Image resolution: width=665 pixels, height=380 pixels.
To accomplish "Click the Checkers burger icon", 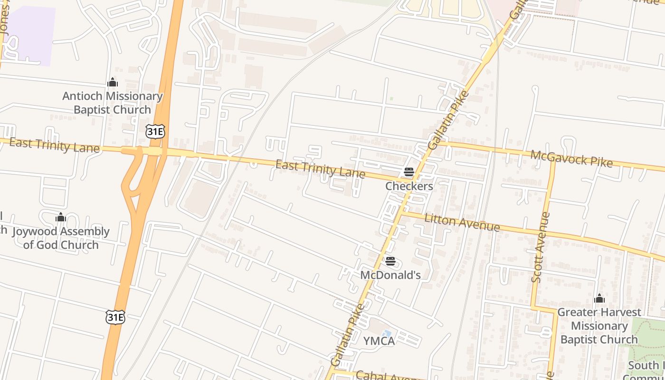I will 409,172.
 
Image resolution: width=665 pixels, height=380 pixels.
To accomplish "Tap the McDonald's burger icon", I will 390,261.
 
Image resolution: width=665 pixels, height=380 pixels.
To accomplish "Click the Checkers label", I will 409,186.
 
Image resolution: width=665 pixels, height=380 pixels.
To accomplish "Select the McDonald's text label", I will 390,275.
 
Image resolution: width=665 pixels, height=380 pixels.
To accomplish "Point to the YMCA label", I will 379,341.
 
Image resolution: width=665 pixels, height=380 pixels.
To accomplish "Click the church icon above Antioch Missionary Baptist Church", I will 113,83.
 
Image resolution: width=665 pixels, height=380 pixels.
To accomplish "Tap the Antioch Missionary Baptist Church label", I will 113,103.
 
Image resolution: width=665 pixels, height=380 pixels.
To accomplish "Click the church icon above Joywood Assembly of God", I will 61,218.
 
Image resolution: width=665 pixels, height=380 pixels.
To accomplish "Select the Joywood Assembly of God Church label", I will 61,238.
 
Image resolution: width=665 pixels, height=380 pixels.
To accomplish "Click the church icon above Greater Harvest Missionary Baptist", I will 599,298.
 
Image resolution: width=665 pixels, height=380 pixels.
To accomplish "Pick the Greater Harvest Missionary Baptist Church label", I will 599,326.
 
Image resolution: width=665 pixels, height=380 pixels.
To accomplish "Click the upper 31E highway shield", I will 155,132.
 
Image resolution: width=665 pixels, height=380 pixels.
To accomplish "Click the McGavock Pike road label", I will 571,158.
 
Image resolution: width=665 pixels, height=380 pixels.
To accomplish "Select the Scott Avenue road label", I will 541,247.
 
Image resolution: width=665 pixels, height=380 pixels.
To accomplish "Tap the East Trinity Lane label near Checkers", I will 320,170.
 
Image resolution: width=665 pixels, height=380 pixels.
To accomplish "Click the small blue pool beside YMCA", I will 387,334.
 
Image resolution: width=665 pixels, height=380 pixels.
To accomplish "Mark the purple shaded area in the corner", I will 31,36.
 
